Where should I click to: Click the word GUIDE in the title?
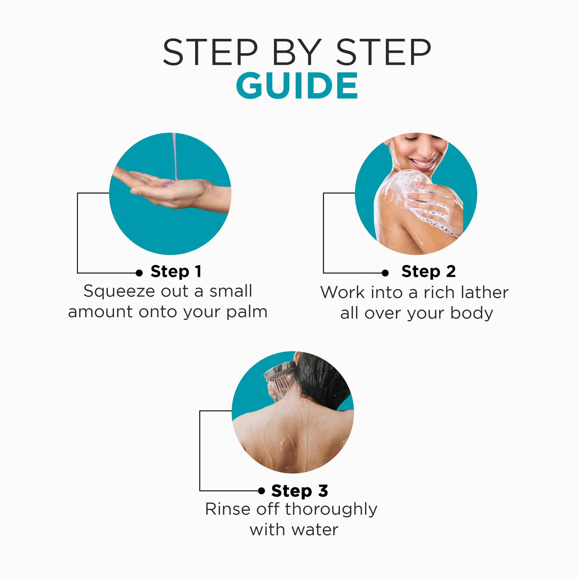[x=297, y=86]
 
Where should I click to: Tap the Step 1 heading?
[x=176, y=272]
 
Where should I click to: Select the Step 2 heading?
[x=428, y=272]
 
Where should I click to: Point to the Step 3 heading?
[x=300, y=491]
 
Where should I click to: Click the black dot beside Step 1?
[x=139, y=273]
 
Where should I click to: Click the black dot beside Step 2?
[x=385, y=273]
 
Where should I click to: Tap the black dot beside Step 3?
[x=261, y=491]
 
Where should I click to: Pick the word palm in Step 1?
[x=247, y=312]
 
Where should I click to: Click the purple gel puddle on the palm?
[x=169, y=183]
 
